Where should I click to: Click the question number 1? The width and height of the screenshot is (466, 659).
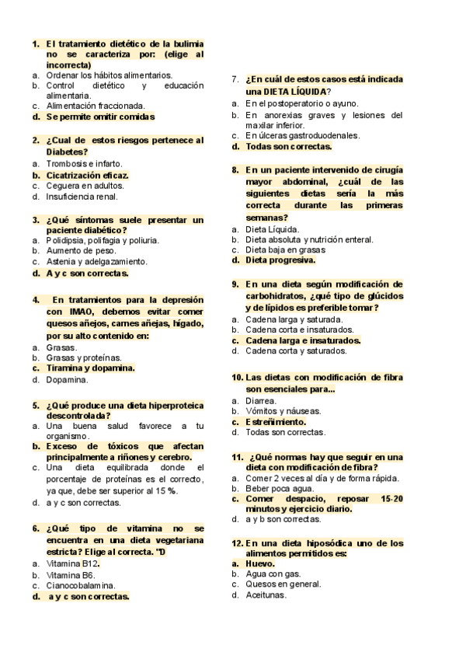point(36,44)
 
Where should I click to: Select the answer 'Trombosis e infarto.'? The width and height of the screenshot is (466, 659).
point(84,164)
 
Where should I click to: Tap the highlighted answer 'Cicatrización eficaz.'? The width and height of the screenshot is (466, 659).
point(87,175)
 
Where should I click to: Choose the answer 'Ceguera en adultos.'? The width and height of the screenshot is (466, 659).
point(85,186)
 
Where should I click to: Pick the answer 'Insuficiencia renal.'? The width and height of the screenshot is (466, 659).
point(82,197)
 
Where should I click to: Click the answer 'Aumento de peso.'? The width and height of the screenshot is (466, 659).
point(81,251)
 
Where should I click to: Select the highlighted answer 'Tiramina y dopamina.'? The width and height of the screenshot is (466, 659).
point(90,368)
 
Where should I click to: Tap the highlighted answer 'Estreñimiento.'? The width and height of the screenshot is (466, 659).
point(280,421)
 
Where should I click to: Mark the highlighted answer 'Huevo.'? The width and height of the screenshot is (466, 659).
point(260,563)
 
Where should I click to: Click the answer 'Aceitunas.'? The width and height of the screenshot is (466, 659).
point(266,595)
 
